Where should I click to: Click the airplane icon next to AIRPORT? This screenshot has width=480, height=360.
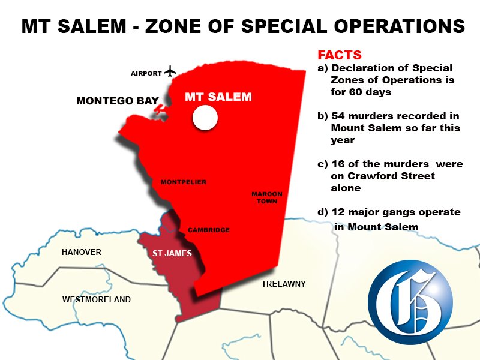[x=170, y=71]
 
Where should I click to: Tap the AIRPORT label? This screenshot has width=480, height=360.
[x=146, y=73]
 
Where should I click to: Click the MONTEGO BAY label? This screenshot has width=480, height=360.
[x=118, y=101]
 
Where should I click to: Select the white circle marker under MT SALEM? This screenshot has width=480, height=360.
[x=204, y=118]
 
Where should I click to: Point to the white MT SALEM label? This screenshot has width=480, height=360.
[x=218, y=97]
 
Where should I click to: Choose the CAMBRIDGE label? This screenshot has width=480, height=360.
[x=208, y=230]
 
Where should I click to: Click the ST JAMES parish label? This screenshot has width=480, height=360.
[x=172, y=253]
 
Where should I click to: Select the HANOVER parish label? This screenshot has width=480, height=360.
[x=82, y=252]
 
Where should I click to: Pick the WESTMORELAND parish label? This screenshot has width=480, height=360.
[x=97, y=299]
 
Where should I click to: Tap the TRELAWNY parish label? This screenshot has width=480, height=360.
[x=284, y=284]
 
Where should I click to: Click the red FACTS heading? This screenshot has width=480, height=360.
[x=340, y=55]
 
